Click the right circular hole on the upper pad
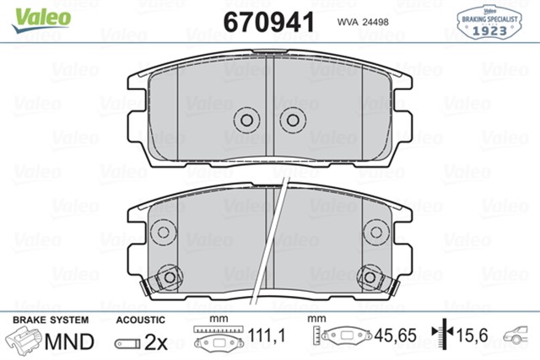click(292, 120)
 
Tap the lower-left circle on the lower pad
click(171, 276)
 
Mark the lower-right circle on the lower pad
click(368, 276)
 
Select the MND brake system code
click(67, 341)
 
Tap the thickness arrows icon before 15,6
click(439, 337)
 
